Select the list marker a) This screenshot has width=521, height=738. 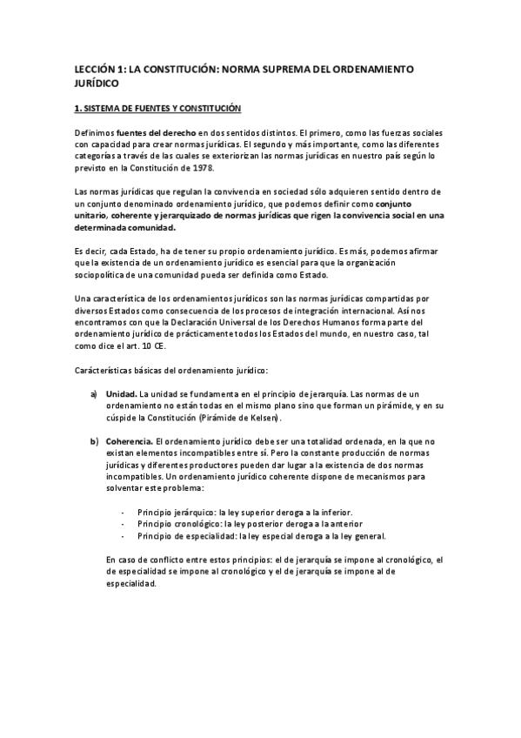pos(93,393)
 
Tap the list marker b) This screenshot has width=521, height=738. pos(93,441)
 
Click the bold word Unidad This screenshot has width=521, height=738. pos(120,393)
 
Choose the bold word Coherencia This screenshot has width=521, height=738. pos(127,441)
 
